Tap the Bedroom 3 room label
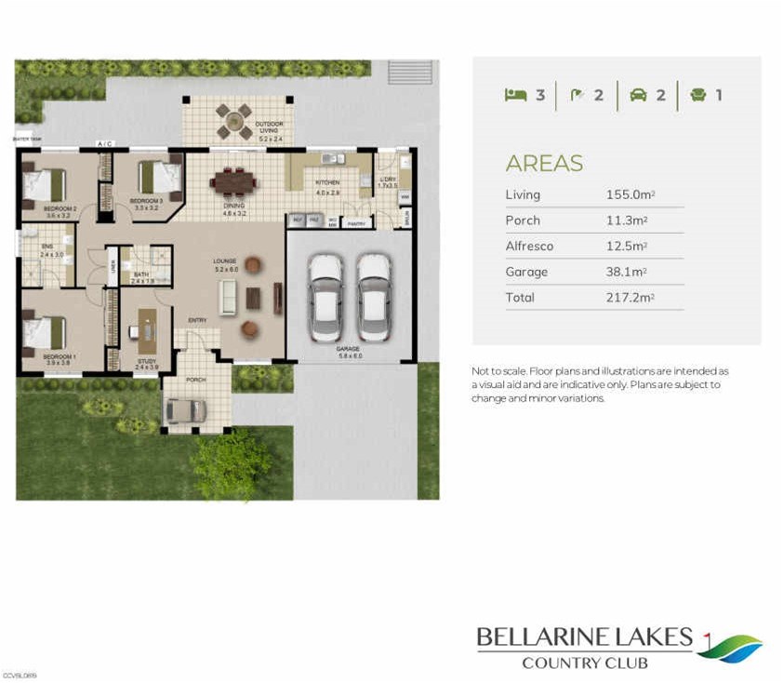147,202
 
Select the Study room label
147,362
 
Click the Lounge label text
224,261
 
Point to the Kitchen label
327,183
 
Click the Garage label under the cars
348,349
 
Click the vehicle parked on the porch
184,410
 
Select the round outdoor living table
234,121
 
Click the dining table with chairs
231,182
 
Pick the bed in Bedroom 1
44,332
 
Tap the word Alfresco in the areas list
529,246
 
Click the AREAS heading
544,164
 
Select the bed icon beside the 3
515,95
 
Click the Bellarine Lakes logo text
585,638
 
